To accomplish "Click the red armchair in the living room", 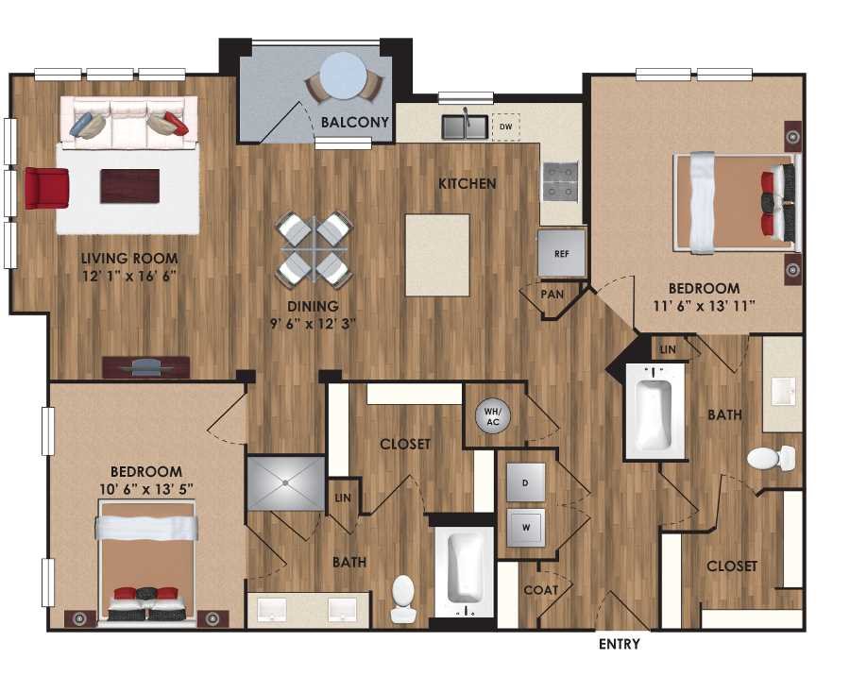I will (x=46, y=188).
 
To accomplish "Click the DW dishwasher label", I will (x=505, y=126).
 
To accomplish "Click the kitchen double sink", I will (x=466, y=126).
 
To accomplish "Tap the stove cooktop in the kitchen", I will (x=560, y=179).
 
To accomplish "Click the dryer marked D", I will (x=525, y=482).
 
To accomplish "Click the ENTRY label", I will (x=620, y=645).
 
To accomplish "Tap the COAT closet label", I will (x=541, y=590).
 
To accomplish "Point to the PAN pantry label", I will (x=552, y=295).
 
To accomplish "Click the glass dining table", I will (x=314, y=249).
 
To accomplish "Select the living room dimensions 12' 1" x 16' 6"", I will (x=129, y=277).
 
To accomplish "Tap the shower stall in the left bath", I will (x=284, y=482).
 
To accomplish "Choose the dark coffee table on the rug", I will (x=130, y=186).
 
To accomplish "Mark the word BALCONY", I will (x=354, y=122).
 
